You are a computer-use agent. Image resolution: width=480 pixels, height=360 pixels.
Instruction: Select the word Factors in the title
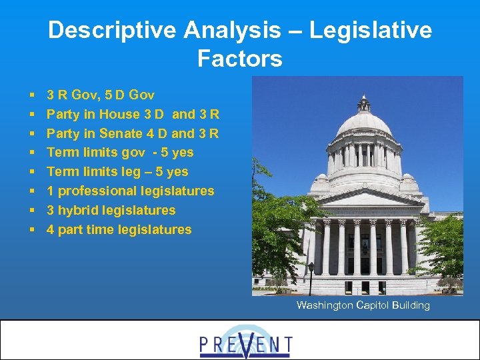pos(240,59)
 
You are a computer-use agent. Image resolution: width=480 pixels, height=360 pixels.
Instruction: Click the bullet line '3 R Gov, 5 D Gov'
pos(100,95)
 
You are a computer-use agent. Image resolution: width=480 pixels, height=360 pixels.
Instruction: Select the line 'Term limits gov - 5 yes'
pos(120,153)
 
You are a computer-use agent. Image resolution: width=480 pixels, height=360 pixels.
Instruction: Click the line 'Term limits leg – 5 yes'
pos(117,172)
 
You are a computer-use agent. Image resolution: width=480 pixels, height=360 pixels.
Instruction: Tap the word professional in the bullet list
pos(97,191)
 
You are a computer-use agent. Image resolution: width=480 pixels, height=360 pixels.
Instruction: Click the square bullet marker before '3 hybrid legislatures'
pos(32,211)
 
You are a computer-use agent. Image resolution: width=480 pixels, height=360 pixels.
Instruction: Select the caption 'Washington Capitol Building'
pos(363,305)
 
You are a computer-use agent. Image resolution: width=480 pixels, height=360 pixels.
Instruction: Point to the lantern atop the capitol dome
pos(364,103)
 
